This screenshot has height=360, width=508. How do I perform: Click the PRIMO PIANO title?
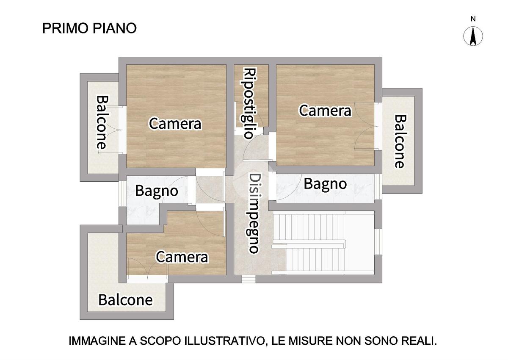[x=89, y=28]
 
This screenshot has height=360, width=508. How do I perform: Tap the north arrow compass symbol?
[x=473, y=36]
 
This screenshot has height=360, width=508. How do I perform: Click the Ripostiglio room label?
[x=250, y=103]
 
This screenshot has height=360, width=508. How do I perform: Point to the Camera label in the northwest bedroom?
[x=175, y=124]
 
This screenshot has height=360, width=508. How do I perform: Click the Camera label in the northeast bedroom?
[x=325, y=111]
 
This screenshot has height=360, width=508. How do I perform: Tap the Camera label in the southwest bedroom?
[x=182, y=257]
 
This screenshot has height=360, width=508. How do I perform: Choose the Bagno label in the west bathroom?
[x=157, y=191]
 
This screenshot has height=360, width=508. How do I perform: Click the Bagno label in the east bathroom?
[x=325, y=184]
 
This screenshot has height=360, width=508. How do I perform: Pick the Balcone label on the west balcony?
[x=101, y=122]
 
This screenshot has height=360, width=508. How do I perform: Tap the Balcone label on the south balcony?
[x=125, y=300]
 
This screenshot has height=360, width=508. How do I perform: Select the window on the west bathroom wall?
[x=122, y=193]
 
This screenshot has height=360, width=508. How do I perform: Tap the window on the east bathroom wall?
[x=378, y=187]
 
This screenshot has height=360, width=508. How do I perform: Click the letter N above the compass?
[x=473, y=19]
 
